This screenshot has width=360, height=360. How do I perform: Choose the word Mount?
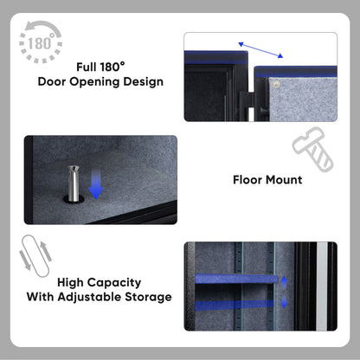pyautogui.click(x=285, y=180)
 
